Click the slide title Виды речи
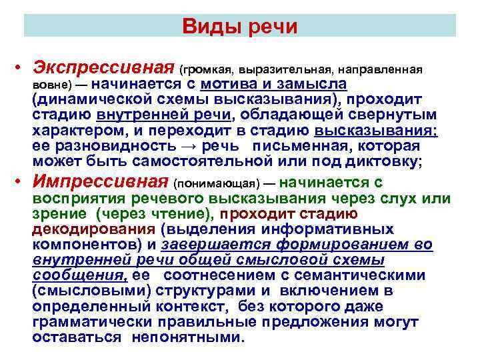(239, 27)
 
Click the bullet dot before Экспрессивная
(21, 69)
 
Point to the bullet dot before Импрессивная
(21, 183)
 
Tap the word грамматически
(84, 322)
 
